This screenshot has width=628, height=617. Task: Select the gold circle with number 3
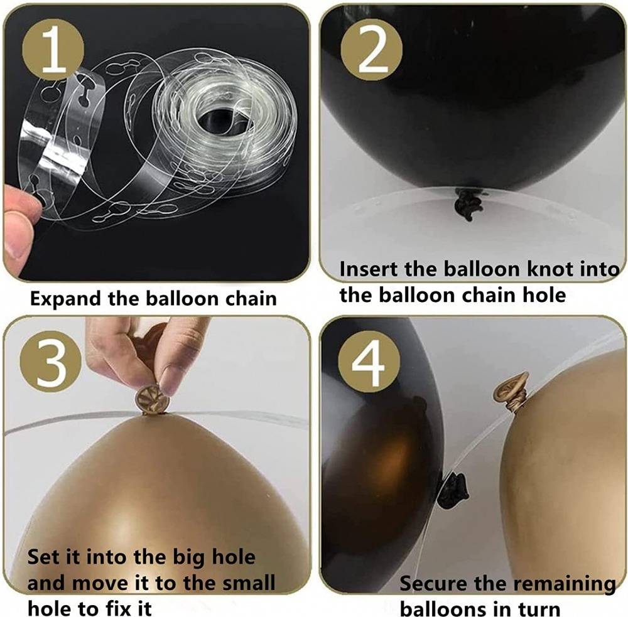[x=51, y=362]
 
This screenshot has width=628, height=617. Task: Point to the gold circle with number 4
[x=369, y=362]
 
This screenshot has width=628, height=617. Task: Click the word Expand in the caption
[x=66, y=299]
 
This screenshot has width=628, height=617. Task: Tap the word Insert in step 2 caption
[x=369, y=269]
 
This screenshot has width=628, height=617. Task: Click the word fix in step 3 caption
[x=111, y=609]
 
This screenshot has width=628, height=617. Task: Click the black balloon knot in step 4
[x=453, y=490]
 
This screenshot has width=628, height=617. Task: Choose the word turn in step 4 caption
[x=539, y=609]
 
